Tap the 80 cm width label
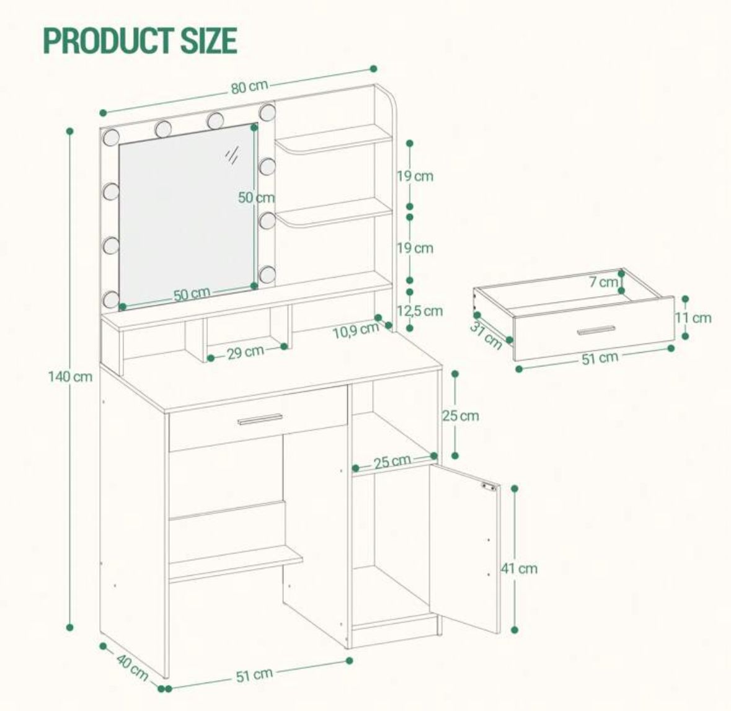(249, 87)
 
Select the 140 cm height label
(71, 376)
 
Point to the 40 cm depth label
(132, 667)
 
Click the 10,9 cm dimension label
(355, 330)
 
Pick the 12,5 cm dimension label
(420, 311)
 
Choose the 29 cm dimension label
(246, 353)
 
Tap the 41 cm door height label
(520, 568)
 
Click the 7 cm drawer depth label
(603, 281)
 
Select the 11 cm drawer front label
(693, 318)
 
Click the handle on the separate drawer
(596, 330)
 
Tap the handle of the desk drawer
(260, 419)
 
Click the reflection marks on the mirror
(232, 155)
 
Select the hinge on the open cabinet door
(489, 487)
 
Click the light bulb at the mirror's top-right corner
(268, 112)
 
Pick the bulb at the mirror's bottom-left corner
(112, 299)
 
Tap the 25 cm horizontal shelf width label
(392, 462)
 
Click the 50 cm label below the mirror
(192, 294)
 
